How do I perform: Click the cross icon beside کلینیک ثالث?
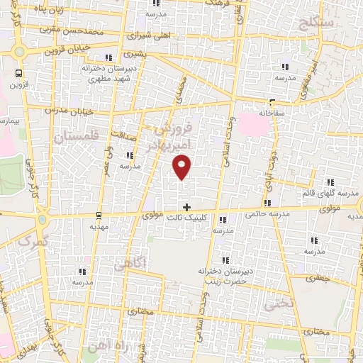[187, 208]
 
